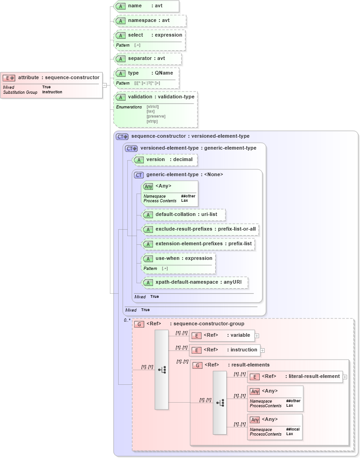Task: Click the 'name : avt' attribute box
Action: point(146,6)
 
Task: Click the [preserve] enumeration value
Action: point(156,116)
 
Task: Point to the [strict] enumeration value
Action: point(153,107)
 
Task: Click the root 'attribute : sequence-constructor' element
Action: point(51,78)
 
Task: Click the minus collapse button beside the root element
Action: point(105,85)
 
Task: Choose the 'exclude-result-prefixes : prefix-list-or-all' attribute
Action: point(200,229)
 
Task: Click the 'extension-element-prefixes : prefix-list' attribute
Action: point(198,244)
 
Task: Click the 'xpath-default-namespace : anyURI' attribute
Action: point(195,282)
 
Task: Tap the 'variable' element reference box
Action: point(221,335)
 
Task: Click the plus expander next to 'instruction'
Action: point(263,350)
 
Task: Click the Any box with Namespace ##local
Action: point(275,426)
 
